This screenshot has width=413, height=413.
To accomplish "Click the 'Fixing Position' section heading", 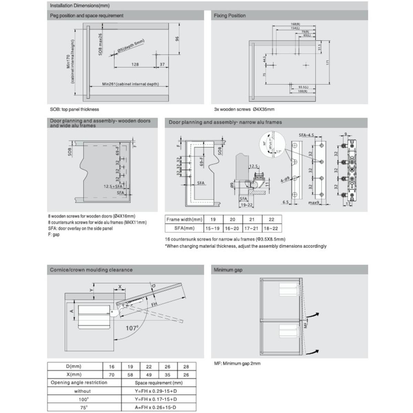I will pyautogui.click(x=230, y=15).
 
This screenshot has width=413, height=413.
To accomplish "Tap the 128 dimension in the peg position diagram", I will pyautogui.click(x=135, y=64).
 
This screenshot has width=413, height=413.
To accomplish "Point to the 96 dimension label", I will pyautogui.click(x=178, y=39).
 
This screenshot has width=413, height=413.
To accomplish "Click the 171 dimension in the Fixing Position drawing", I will pyautogui.click(x=328, y=62).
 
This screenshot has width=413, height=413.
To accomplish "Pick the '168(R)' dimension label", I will pyautogui.click(x=295, y=24).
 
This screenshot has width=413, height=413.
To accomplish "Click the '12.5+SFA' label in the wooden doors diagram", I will pyautogui.click(x=114, y=186).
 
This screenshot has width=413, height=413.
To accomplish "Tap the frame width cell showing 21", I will pyautogui.click(x=252, y=219).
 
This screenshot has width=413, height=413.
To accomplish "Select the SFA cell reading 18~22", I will pyautogui.click(x=272, y=228).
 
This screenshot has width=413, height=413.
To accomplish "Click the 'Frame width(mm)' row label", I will pyautogui.click(x=184, y=219).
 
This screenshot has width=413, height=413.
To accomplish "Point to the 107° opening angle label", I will pyautogui.click(x=131, y=328).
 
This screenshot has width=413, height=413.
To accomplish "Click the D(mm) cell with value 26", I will pyautogui.click(x=167, y=367).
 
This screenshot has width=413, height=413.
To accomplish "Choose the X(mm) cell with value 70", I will pyautogui.click(x=111, y=374).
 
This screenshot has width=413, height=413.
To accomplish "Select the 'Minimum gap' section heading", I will pyautogui.click(x=228, y=270).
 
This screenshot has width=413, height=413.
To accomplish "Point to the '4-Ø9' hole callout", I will pyautogui.click(x=285, y=180).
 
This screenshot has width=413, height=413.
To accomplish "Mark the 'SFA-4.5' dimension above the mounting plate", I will pyautogui.click(x=306, y=135).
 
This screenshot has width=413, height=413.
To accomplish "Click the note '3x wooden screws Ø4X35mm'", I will pyautogui.click(x=244, y=109).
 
